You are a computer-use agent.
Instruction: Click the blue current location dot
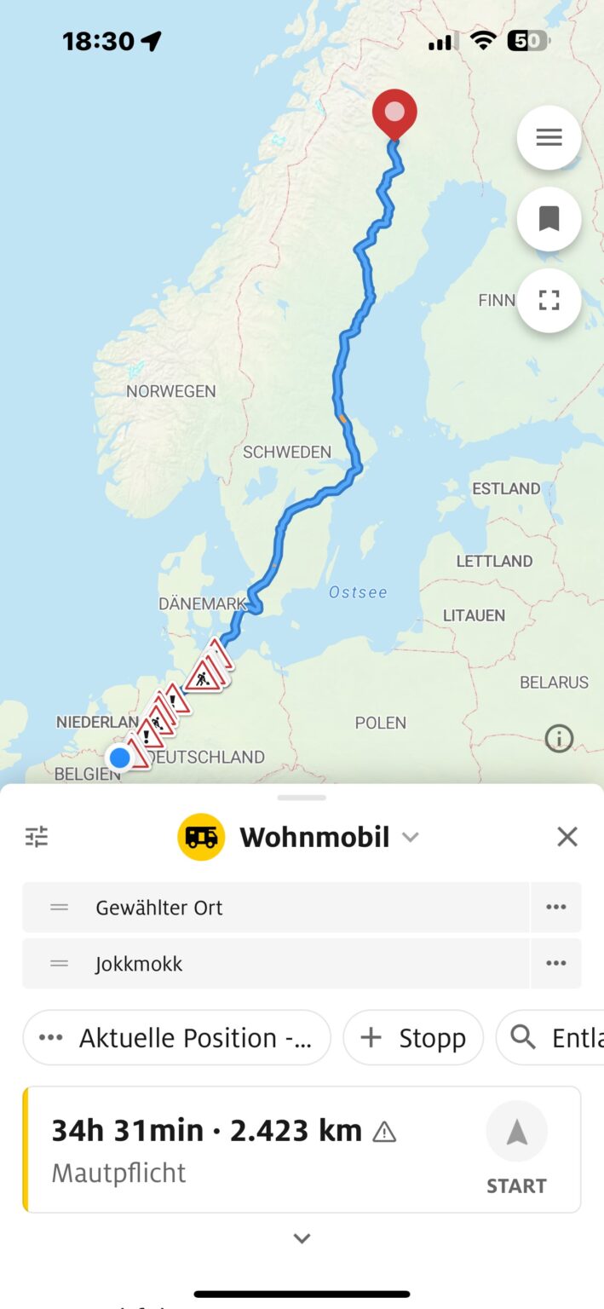pyautogui.click(x=120, y=757)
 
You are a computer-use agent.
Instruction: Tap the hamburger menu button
pyautogui.click(x=549, y=138)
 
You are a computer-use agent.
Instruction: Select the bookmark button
pyautogui.click(x=549, y=219)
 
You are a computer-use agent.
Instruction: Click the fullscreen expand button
pyautogui.click(x=549, y=300)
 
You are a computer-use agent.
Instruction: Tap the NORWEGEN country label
pyautogui.click(x=171, y=391)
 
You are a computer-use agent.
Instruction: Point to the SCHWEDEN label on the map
pyautogui.click(x=287, y=452)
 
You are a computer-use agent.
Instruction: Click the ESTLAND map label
pyautogui.click(x=506, y=488)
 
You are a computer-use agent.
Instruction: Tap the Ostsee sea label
pyautogui.click(x=358, y=591)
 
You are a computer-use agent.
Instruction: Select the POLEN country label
pyautogui.click(x=380, y=723)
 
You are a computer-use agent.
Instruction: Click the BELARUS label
pyautogui.click(x=554, y=682)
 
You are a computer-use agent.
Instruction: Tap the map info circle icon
pyautogui.click(x=559, y=738)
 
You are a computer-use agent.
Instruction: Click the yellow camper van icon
pyautogui.click(x=201, y=837)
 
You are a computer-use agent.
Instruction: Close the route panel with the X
pyautogui.click(x=567, y=837)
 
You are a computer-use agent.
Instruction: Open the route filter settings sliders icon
pyautogui.click(x=37, y=837)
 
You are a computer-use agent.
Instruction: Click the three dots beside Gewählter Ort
pyautogui.click(x=556, y=908)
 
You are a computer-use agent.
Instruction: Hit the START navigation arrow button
pyautogui.click(x=516, y=1133)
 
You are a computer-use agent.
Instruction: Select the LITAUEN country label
pyautogui.click(x=474, y=615)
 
